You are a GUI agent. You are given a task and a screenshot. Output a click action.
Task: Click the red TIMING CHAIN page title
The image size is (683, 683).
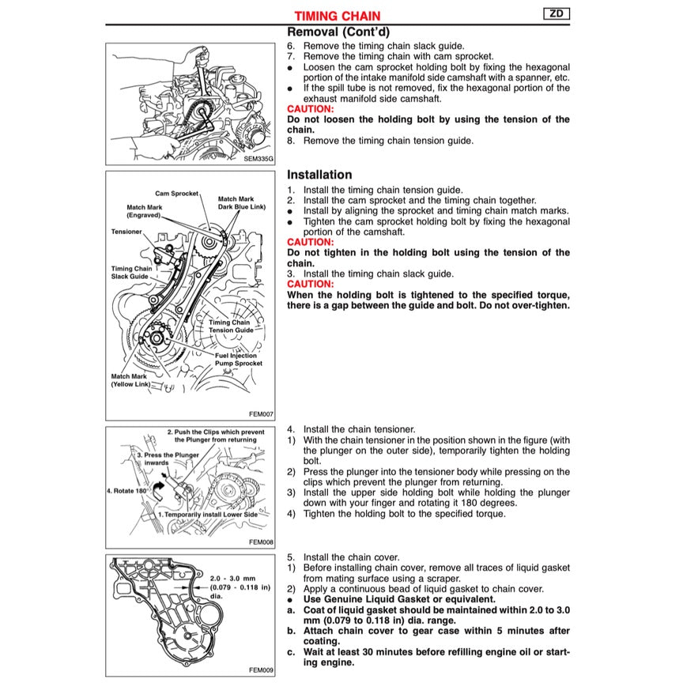coord(337,15)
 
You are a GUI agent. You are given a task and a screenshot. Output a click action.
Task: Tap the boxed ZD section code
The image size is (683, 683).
coord(556,13)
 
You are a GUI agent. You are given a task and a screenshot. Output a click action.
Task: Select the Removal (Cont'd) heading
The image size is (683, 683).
coord(338,32)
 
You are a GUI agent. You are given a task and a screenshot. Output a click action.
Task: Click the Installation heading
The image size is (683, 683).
coord(319,175)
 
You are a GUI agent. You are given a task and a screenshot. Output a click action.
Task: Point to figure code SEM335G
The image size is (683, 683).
coord(258,158)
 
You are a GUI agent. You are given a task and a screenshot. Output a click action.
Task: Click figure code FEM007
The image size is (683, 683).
coord(260,413)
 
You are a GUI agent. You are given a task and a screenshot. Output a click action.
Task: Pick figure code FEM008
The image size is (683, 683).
coord(260,542)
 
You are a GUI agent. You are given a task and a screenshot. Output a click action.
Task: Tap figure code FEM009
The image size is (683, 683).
coord(260,670)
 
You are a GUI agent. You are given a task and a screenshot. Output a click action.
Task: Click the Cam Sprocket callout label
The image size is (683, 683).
coord(176,193)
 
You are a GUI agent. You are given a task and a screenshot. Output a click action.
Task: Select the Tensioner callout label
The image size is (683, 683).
coord(126,232)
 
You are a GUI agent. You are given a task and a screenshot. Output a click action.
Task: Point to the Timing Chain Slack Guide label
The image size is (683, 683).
coord(132,273)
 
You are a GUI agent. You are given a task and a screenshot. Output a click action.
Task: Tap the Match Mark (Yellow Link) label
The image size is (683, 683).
coord(131,380)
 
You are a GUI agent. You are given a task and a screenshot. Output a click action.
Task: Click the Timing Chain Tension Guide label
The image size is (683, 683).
coord(231,326)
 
